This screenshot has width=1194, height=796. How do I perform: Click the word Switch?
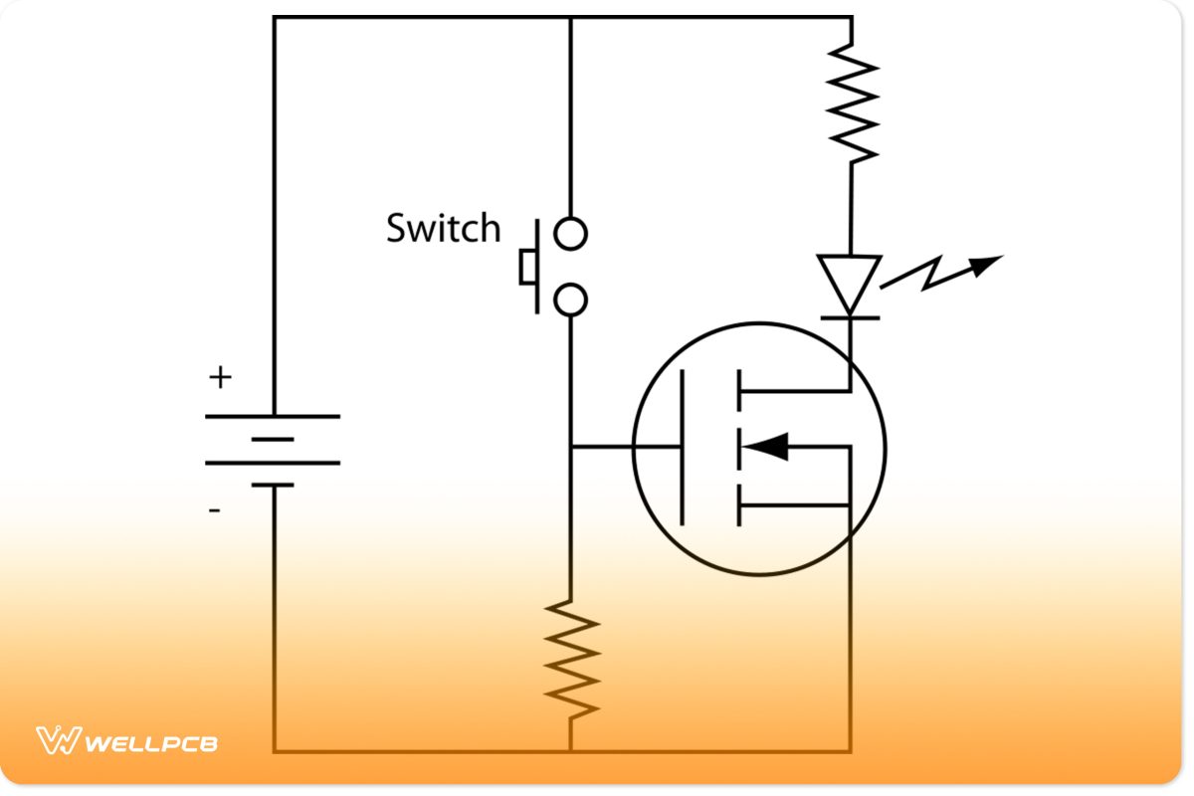(443, 229)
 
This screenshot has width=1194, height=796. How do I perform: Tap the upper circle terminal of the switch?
(570, 234)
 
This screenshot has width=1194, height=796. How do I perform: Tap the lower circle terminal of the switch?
(570, 298)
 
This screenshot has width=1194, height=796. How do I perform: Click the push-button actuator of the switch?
(527, 267)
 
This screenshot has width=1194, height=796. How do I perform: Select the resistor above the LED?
(851, 104)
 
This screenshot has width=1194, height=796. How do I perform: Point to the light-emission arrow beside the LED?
(940, 274)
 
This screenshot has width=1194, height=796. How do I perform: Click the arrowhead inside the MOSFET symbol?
(767, 447)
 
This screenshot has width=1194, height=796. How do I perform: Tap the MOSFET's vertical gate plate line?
(682, 447)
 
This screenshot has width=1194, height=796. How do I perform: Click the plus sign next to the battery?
(220, 378)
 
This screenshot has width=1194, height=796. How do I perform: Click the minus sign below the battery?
(215, 510)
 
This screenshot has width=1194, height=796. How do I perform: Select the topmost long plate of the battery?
(272, 416)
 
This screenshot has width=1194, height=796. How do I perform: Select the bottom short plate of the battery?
(272, 485)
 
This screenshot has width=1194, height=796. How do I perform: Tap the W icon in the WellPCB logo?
(58, 741)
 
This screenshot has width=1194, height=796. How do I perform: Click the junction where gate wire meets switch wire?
(570, 447)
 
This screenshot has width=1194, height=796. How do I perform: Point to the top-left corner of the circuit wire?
(274, 17)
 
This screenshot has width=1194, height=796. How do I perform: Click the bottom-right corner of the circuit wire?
(850, 751)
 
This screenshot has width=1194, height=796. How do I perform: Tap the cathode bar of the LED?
(849, 317)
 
